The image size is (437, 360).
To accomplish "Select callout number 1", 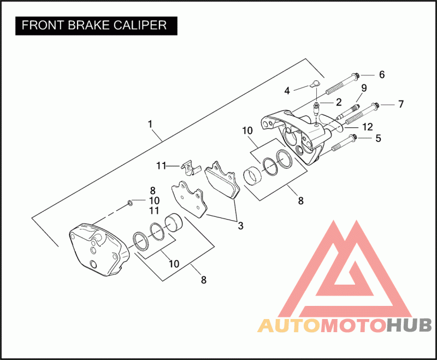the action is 150,125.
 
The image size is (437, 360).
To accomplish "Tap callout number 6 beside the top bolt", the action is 382,74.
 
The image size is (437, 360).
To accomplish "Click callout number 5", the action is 377,139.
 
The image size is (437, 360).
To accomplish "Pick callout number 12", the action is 367,127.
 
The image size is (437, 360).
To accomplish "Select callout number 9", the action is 363,88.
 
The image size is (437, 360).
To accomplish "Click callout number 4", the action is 286,90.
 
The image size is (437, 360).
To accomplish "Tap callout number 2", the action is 339,102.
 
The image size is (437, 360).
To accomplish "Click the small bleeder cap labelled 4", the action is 313,84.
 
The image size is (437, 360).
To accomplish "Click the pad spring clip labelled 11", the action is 188,167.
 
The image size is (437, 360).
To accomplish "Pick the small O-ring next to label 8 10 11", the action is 130,203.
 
